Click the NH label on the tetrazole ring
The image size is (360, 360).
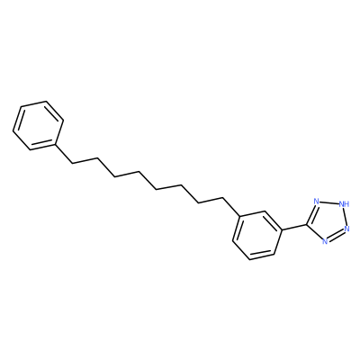344,204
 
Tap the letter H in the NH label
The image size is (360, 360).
346,204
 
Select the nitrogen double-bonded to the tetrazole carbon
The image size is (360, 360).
316,201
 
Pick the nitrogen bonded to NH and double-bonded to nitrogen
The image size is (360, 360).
347,229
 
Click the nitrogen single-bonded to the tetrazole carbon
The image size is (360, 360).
325,241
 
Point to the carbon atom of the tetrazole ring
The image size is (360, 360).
307,224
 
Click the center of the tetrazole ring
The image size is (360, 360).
328,220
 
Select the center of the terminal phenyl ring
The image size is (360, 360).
38,125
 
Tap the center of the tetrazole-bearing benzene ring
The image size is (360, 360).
257,235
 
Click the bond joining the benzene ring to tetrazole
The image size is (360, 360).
294,228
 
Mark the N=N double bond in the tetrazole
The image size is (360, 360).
336,235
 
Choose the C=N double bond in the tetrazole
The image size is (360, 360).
311,213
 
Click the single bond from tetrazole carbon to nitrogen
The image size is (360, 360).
315,232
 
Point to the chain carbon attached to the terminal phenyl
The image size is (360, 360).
72,163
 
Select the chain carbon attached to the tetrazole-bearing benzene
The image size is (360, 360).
223,197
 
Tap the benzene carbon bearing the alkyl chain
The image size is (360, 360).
240,216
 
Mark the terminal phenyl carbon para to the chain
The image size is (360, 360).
21,106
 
